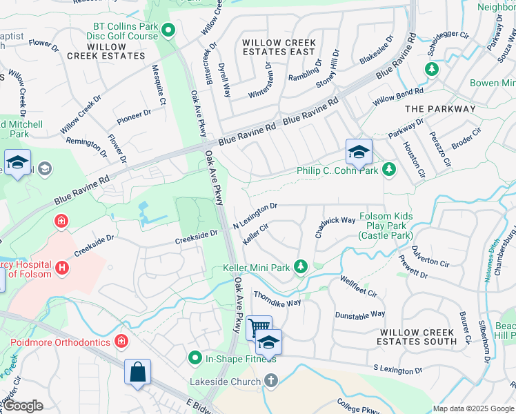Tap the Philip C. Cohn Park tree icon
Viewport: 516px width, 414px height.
[390, 169]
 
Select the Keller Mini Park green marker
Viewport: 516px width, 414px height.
[300, 267]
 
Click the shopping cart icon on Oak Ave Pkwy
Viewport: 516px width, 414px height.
[259, 327]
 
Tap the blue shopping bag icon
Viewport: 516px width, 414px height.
[138, 371]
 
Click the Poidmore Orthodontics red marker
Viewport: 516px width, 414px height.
[121, 342]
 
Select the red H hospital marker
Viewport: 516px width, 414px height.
[62, 267]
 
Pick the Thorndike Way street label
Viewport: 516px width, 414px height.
[277, 299]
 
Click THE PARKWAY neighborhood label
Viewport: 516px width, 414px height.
[440, 109]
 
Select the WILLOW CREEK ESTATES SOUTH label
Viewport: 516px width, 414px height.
[417, 337]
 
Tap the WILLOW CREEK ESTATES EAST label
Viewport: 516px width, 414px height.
[279, 47]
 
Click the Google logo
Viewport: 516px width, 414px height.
[23, 406]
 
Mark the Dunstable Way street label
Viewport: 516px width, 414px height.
[359, 315]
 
